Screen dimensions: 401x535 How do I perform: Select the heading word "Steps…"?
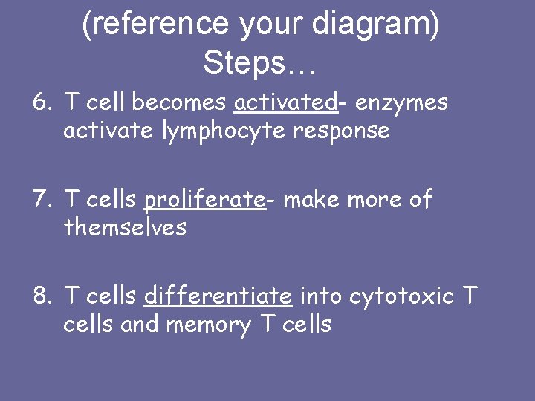[x=259, y=63]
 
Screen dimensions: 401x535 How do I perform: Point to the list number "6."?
[x=43, y=102]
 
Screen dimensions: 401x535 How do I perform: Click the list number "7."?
[x=43, y=200]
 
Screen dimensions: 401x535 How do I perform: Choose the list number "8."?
[x=43, y=296]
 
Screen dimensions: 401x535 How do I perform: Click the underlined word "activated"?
[x=285, y=102]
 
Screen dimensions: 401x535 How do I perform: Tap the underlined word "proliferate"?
[x=204, y=200]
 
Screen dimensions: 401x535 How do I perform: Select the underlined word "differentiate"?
[x=218, y=296]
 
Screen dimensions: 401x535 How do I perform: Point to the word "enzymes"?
[x=402, y=102]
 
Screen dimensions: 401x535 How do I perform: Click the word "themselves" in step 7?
[x=125, y=227]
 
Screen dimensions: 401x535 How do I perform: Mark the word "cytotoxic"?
[x=401, y=296]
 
